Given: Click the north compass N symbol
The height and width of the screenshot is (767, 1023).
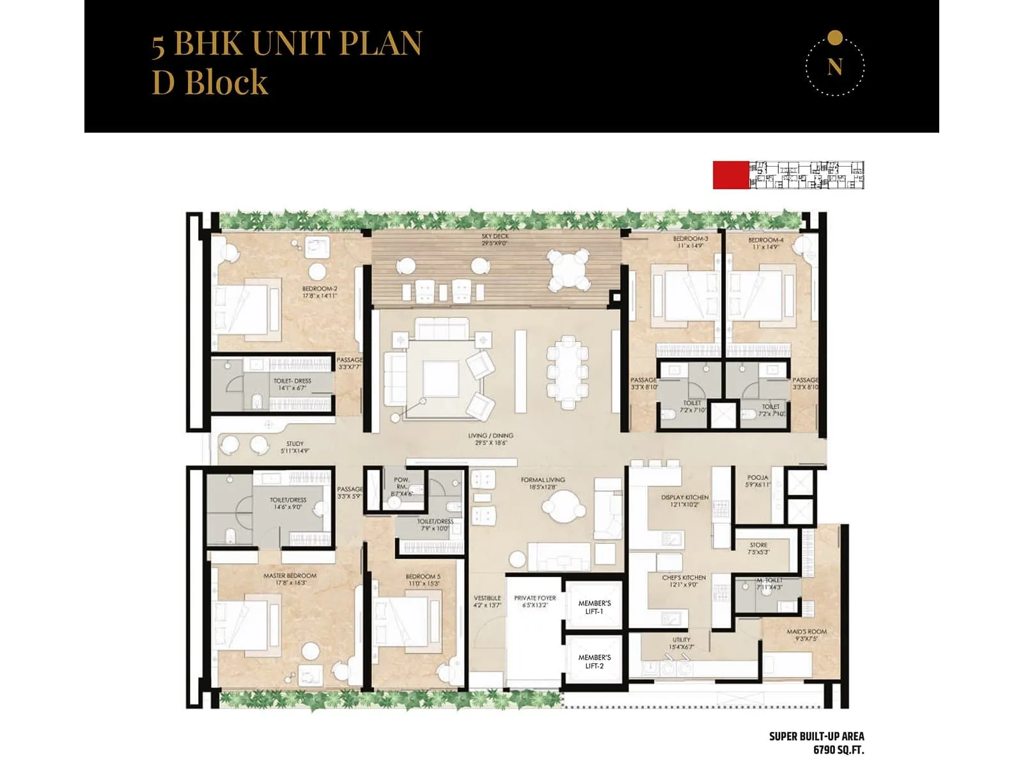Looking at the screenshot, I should pyautogui.click(x=834, y=66).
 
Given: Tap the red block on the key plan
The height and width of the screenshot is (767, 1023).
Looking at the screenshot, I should pyautogui.click(x=731, y=175).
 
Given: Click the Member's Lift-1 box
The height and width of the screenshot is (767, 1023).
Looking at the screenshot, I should pyautogui.click(x=594, y=607).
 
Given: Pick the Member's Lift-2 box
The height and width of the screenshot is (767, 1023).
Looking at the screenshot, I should pyautogui.click(x=594, y=662).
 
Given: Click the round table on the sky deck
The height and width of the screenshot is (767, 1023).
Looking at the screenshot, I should pyautogui.click(x=568, y=268).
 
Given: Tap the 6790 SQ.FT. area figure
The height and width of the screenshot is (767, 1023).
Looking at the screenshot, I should pyautogui.click(x=838, y=750).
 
